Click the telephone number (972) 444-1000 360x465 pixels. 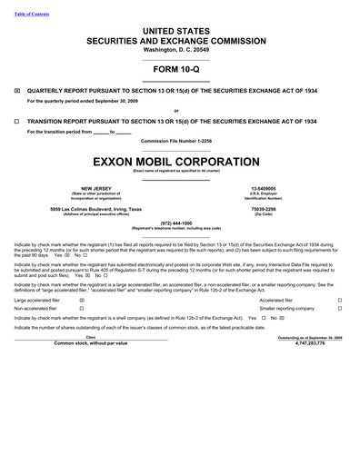(x=181, y=223)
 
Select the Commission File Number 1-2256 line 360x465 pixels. (x=181, y=140)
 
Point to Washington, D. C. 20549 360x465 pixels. (x=181, y=51)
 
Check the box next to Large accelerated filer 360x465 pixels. (x=82, y=298)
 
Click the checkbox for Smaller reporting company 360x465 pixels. (x=339, y=308)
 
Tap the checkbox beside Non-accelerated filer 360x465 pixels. (x=82, y=308)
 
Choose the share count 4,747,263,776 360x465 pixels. (x=311, y=343)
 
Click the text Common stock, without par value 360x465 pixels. (x=91, y=343)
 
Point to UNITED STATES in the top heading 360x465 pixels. (x=181, y=31)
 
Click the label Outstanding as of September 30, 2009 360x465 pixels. (x=311, y=337)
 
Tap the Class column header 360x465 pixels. (x=91, y=337)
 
